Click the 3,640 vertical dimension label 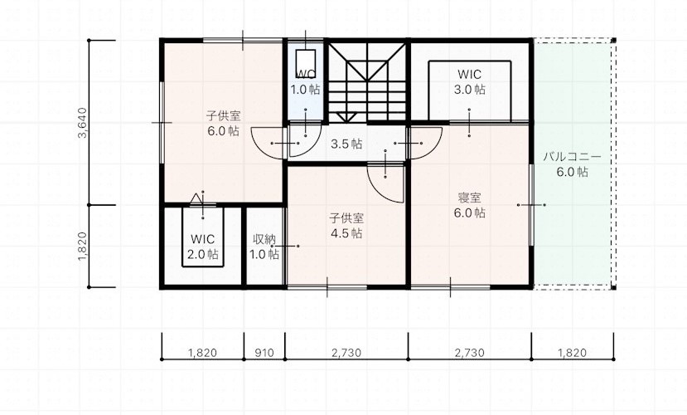(x=82, y=123)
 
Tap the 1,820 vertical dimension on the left (x=82, y=247)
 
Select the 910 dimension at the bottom (x=264, y=353)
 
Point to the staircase (x=367, y=82)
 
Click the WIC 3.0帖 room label (x=469, y=82)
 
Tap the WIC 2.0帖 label (x=203, y=247)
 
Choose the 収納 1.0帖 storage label (x=264, y=247)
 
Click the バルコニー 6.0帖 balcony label (x=572, y=164)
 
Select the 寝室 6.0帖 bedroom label (x=469, y=205)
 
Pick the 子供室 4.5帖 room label (x=346, y=226)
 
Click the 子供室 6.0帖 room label (x=224, y=124)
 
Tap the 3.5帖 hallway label (x=346, y=144)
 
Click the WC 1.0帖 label (x=306, y=82)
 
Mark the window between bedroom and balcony (x=531, y=205)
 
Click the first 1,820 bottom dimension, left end (x=162, y=359)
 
